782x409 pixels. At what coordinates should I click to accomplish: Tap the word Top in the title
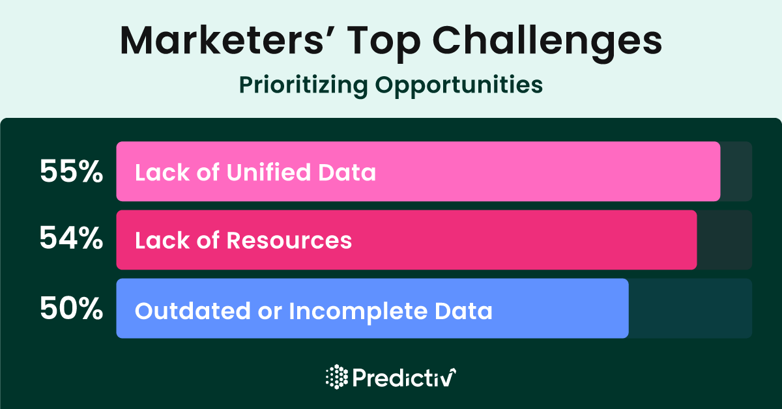tap(384, 43)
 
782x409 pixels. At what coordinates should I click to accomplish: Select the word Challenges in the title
tap(547, 43)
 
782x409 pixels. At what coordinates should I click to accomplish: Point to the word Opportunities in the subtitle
tap(459, 85)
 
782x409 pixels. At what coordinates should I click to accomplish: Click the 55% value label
tap(71, 171)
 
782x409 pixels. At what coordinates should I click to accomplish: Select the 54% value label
tap(71, 238)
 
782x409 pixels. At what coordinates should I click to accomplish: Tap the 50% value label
tap(71, 308)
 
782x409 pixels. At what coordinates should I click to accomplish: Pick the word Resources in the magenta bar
tap(289, 240)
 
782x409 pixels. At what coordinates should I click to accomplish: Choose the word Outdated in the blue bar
tap(193, 311)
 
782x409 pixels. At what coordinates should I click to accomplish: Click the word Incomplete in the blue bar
tap(358, 312)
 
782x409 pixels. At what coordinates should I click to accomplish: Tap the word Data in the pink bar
tap(347, 172)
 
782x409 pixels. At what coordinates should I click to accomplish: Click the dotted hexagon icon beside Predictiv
tap(337, 376)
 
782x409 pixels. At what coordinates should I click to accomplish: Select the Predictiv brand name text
tap(404, 378)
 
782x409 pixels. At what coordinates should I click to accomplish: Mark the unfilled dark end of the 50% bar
tap(690, 308)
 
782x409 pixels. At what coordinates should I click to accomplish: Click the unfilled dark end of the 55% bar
tap(736, 171)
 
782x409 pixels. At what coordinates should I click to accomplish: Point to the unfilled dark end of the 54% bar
tap(725, 240)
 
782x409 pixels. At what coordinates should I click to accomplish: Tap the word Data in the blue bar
tap(463, 311)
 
